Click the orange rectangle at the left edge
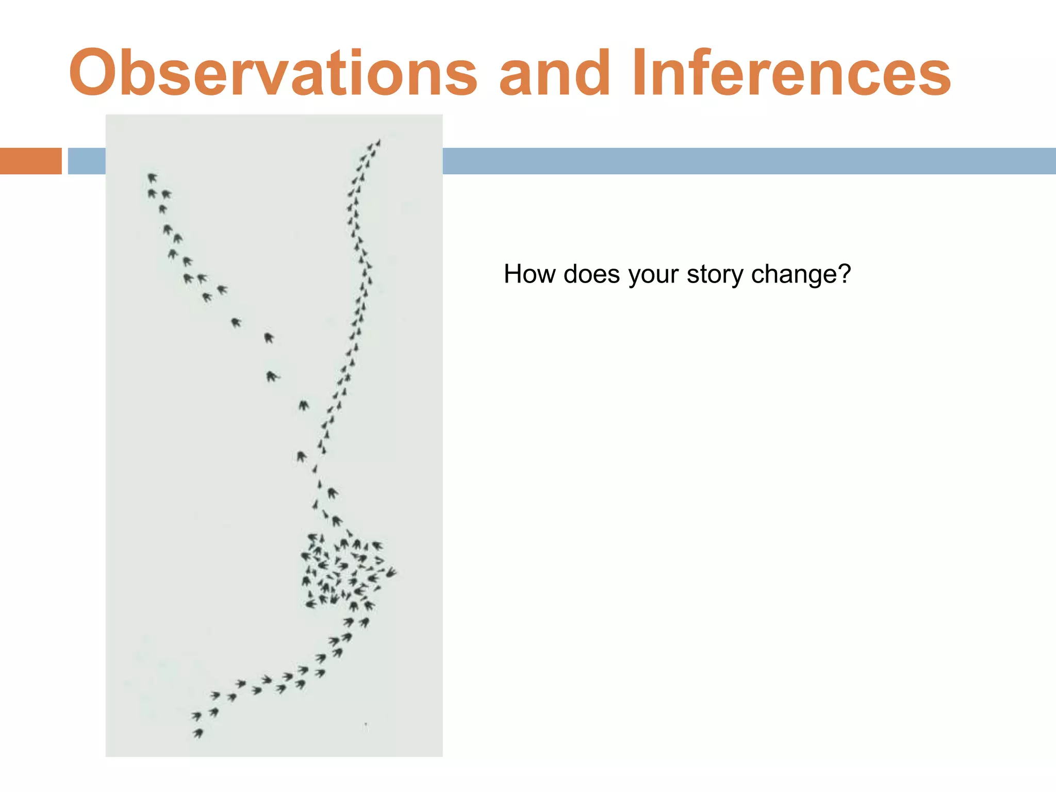pos(30,161)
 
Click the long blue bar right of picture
pos(748,161)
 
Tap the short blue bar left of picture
pos(87,161)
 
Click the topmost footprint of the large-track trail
pos(152,178)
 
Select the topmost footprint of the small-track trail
pos(378,142)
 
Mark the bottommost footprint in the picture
pos(198,733)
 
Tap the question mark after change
pos(845,274)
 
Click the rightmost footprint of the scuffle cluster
pos(391,572)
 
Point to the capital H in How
pos(513,274)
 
